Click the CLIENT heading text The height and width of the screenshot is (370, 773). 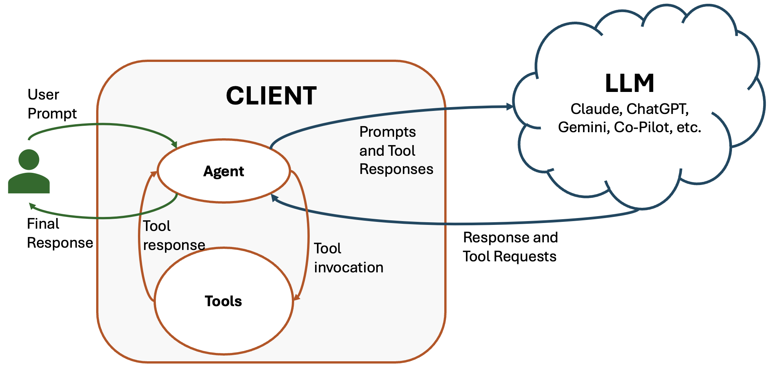[x=271, y=96]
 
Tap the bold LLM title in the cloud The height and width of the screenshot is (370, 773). [x=629, y=83]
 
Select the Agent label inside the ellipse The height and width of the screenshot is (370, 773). [x=223, y=171]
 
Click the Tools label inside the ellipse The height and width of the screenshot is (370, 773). [x=223, y=301]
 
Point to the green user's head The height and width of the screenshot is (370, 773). [x=29, y=160]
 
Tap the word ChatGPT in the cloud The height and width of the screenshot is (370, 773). [x=657, y=109]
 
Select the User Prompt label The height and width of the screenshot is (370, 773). [x=52, y=104]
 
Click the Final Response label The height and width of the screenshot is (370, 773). [x=60, y=233]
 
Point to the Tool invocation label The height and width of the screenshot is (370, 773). [x=348, y=258]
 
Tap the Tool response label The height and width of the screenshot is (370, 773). [x=174, y=236]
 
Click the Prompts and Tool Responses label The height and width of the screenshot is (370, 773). [x=396, y=150]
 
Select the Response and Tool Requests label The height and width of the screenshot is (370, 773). [x=510, y=247]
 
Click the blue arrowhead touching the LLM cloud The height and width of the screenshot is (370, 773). [x=510, y=107]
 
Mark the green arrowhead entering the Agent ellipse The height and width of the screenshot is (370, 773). [x=174, y=145]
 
